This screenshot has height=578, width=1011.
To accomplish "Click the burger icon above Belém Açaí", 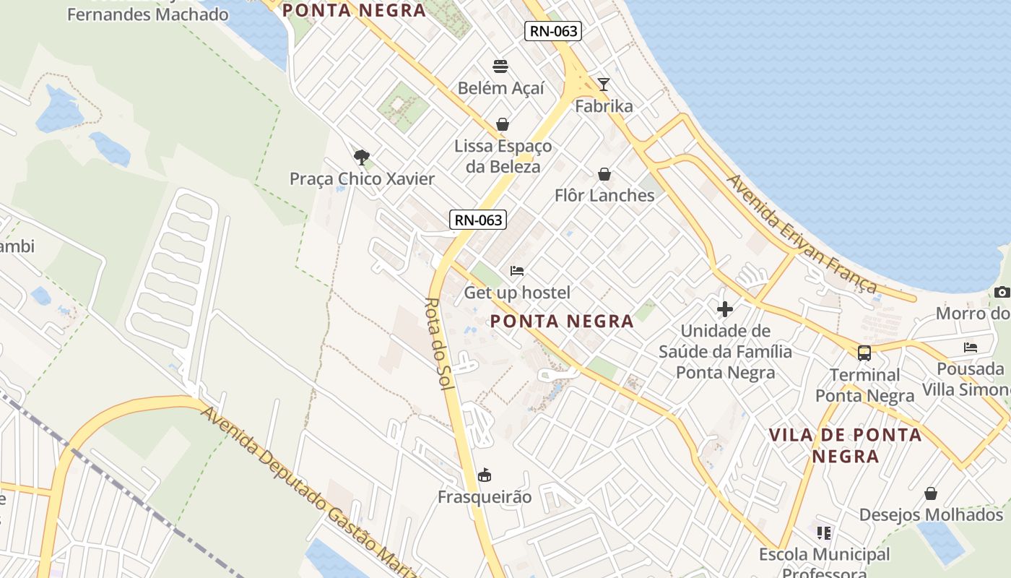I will pos(500,66).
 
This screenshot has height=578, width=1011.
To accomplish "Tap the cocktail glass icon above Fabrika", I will pos(604,85).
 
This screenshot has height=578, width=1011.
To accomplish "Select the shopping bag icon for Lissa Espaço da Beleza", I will pos(503,124).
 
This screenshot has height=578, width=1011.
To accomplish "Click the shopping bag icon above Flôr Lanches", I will pos(604,174).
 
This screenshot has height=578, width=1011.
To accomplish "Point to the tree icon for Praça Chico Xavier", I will pos(362,157).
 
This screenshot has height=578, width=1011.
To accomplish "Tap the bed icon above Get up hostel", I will pos(517,271).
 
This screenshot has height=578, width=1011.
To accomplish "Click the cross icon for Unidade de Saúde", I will pos(725,309).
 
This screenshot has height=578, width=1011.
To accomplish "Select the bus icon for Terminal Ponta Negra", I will pos(864,353).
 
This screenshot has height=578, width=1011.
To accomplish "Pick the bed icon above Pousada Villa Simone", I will pos(971,348).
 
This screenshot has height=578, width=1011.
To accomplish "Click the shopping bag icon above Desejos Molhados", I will pos(931,493).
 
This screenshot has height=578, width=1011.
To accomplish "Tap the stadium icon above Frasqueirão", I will pos(485,475).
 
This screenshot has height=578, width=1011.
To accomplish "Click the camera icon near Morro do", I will pos(1002,292).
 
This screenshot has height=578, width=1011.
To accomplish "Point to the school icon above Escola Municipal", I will pos(824,533).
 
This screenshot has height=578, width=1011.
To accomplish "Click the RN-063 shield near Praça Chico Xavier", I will pos(478,220).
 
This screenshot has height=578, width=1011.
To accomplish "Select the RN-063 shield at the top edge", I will pos(553,30).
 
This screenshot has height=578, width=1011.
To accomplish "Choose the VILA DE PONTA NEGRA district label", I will pos(845,445).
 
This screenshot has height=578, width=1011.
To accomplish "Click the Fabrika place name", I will pos(604,106).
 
